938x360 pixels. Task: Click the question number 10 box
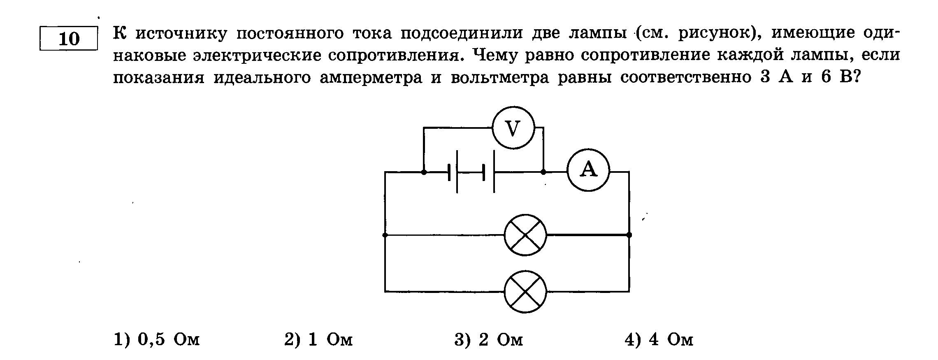pyautogui.click(x=69, y=39)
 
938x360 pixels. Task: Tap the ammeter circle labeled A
pyautogui.click(x=588, y=170)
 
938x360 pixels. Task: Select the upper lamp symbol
pyautogui.click(x=525, y=235)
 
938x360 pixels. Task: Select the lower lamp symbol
pyautogui.click(x=525, y=292)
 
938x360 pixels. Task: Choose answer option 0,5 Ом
pyautogui.click(x=157, y=340)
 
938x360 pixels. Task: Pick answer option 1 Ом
pyautogui.click(x=318, y=340)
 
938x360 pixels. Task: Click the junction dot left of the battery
pyautogui.click(x=424, y=172)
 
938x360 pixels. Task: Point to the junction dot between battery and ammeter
pyautogui.click(x=543, y=172)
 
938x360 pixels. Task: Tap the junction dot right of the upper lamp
pyautogui.click(x=629, y=235)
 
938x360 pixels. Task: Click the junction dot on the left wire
pyautogui.click(x=385, y=235)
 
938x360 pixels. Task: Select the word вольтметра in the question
pyautogui.click(x=500, y=77)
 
